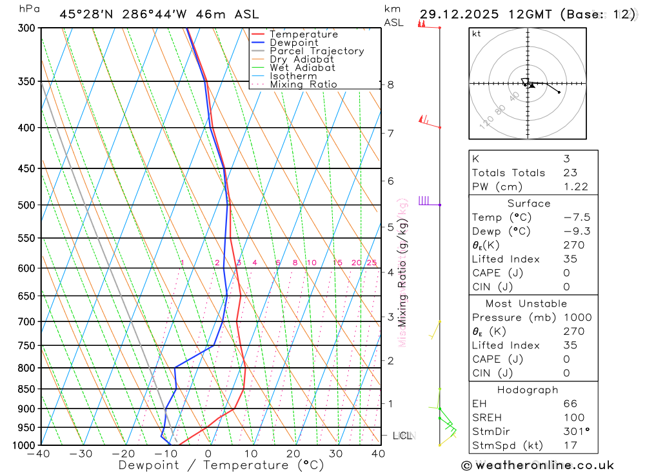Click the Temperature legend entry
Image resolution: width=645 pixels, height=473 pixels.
pos(303,34)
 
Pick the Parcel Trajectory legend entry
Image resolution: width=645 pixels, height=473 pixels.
pos(316,51)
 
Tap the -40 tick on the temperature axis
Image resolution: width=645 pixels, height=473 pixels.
pos(39,454)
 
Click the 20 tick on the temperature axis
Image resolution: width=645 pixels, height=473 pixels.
pos(293,454)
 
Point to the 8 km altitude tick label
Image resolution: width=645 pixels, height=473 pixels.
pos(390,85)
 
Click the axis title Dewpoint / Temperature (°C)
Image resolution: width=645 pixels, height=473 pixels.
pos(221,465)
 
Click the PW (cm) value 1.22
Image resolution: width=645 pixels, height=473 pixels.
pos(575,186)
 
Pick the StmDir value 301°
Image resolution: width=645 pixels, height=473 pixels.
pos(576,431)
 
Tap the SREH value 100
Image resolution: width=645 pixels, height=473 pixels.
pos(573,418)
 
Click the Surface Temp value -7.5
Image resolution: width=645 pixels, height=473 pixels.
pos(577,217)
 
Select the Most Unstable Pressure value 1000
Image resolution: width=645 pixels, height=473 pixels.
pos(576,317)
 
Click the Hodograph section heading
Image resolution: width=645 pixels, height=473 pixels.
pos(528,390)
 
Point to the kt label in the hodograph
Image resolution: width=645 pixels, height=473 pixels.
pos(477,34)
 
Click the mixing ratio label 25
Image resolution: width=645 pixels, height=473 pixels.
pos(372,263)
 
